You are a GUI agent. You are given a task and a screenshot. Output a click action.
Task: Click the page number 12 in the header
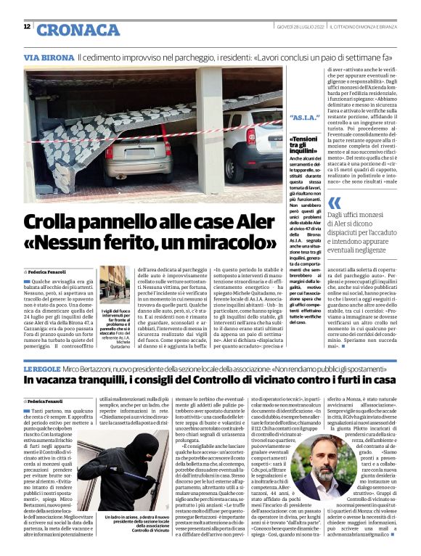click(27, 27)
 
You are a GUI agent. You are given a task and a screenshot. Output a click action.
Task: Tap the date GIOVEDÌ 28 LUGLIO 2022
click(299, 28)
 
